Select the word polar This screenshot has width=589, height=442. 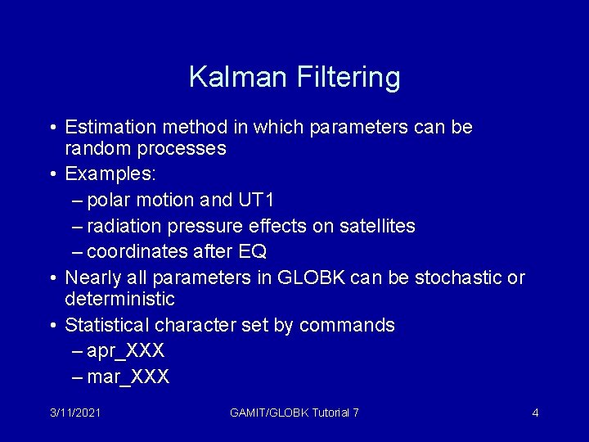pos(109,200)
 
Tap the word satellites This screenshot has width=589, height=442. pos(375,226)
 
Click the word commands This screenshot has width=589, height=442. pos(347,325)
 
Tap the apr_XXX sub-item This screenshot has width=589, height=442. pos(125,351)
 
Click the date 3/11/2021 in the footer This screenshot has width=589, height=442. pos(74,413)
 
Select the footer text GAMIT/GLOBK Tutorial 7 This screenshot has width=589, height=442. pos(294,413)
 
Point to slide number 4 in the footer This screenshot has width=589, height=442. pos(535,413)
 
